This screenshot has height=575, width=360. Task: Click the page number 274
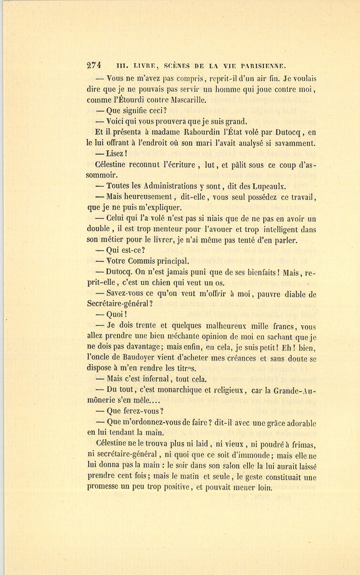[x=94, y=66]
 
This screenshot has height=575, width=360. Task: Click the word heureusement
[x=148, y=196]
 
